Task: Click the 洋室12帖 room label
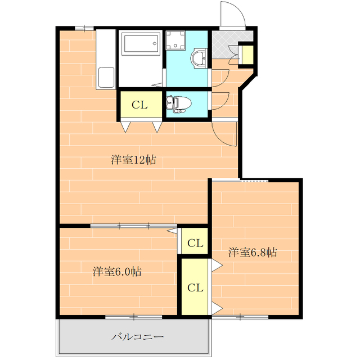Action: [133, 160]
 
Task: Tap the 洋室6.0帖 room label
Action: [117, 272]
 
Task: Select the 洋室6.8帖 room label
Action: [253, 252]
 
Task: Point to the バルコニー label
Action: [137, 337]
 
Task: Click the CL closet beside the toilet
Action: [139, 105]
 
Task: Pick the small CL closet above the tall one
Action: [195, 243]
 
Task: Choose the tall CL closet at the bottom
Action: [195, 287]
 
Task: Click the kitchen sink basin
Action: [106, 78]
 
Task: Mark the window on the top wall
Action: [84, 27]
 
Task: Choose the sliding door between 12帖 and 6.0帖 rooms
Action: [134, 226]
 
